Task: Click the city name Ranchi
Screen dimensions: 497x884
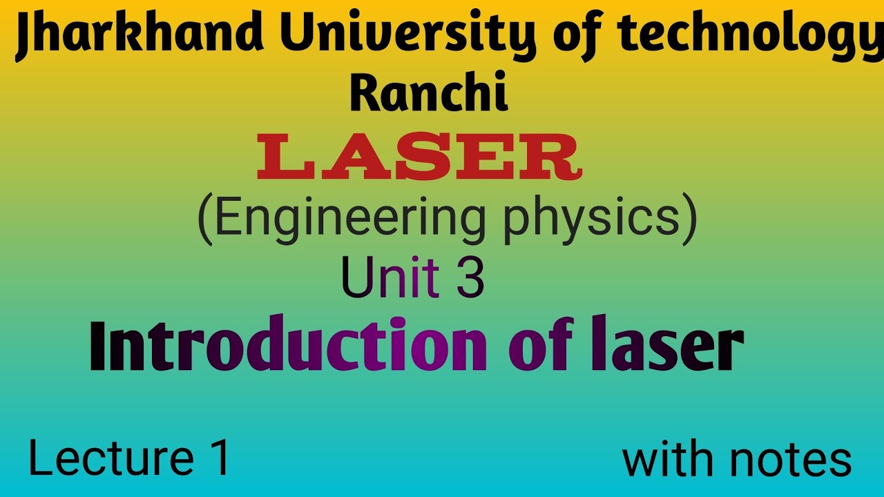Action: point(430,95)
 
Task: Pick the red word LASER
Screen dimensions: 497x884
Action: point(419,158)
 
